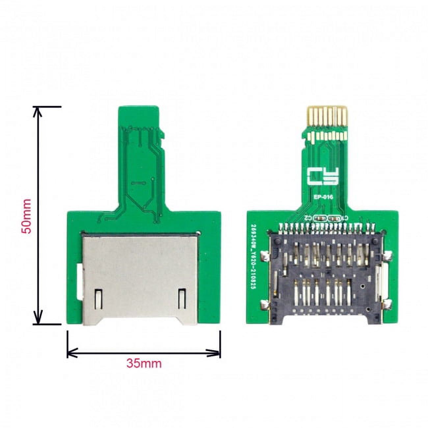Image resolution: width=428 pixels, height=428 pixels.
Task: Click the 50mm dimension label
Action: pyautogui.click(x=26, y=216)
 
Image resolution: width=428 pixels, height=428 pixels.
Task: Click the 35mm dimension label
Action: pyautogui.click(x=144, y=363)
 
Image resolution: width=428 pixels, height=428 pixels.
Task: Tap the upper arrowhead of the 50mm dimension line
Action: pyautogui.click(x=39, y=112)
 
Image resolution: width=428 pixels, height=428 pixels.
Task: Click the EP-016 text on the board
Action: pyautogui.click(x=323, y=198)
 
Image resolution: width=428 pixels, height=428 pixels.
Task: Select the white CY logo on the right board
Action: pyautogui.click(x=323, y=176)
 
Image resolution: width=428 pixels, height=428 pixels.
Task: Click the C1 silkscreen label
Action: pyautogui.click(x=345, y=218)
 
